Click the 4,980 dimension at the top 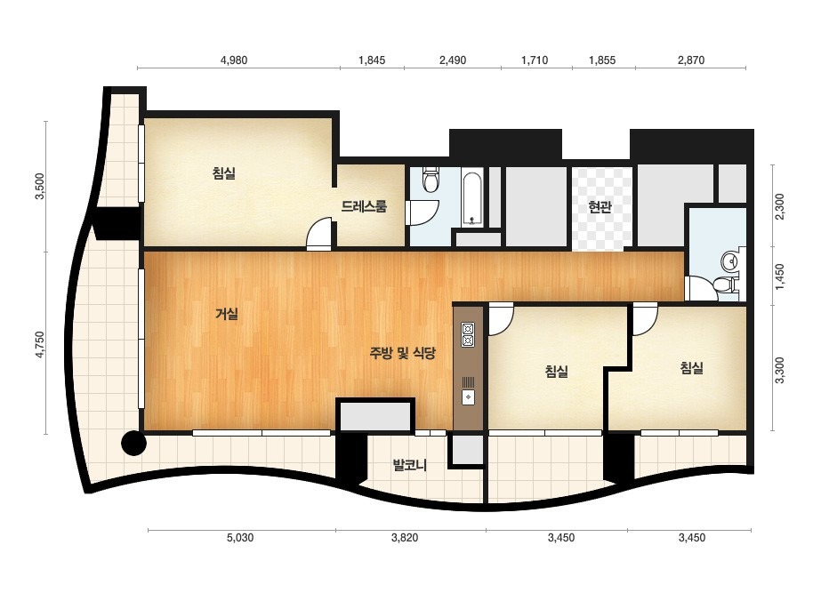pos(234,60)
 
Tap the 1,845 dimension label pos(372,60)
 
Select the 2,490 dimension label pos(453,60)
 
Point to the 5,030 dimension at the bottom pos(240,538)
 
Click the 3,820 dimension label pos(405,538)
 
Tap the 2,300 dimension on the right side pos(779,206)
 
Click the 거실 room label pos(227,314)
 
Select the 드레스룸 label pos(364,206)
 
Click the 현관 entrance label pos(600,207)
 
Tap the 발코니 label pos(410,465)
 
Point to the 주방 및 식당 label pos(403,353)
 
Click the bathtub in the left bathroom pos(473,199)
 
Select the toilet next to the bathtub pos(431,179)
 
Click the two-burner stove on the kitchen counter pos(468,335)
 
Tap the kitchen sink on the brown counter pos(468,397)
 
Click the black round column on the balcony pos(133,444)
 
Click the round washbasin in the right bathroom pos(729,260)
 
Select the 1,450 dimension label pos(779,276)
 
